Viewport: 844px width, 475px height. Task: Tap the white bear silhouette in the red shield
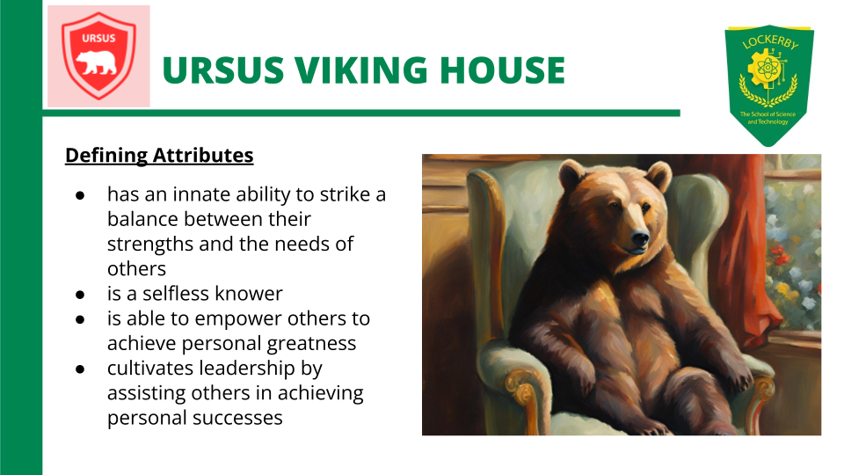click(98, 62)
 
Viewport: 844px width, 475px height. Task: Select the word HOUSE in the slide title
click(508, 70)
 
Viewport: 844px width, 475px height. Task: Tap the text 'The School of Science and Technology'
click(768, 118)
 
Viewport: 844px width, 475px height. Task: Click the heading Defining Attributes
click(159, 156)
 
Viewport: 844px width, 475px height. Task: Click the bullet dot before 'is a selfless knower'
click(79, 294)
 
